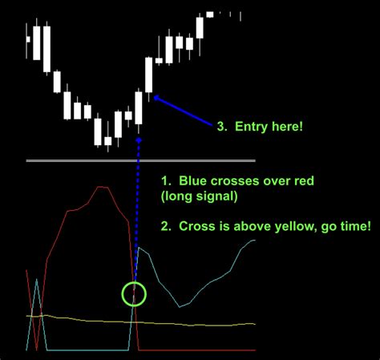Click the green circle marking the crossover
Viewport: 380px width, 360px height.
tap(135, 293)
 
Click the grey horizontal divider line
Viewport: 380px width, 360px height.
tap(140, 161)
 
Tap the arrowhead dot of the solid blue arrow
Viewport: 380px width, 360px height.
tap(156, 99)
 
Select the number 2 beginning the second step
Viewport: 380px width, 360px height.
tap(164, 226)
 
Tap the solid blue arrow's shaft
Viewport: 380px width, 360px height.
tap(184, 111)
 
